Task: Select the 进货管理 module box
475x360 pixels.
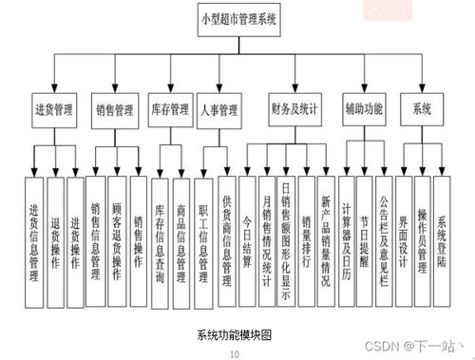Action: coord(53,109)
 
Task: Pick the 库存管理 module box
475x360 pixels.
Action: coord(170,110)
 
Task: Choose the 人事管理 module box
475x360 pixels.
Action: coord(218,110)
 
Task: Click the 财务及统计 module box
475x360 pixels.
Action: coord(294,108)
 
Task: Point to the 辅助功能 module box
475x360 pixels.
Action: coord(364,108)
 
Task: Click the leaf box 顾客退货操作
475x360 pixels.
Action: coord(117,237)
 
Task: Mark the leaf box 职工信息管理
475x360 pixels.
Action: coord(203,237)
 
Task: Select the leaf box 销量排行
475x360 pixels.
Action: coord(305,237)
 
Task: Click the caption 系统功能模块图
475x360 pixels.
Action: coord(235,335)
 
